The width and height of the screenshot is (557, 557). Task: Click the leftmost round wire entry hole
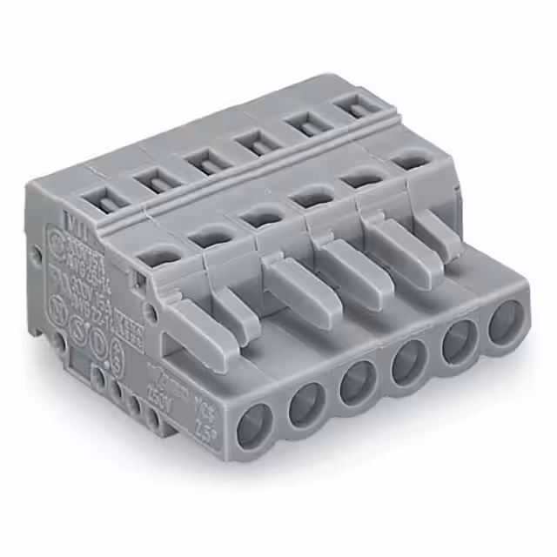point(254,426)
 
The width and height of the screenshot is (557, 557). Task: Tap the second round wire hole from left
point(307,405)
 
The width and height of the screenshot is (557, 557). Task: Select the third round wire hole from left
point(358,384)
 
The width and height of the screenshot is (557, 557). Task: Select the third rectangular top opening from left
point(205,161)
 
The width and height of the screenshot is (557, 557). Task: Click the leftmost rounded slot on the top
point(158,256)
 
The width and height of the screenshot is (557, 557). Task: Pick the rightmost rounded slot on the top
point(403,158)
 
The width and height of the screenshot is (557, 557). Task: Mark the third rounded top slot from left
point(260,215)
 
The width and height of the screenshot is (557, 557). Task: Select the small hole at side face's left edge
point(37,256)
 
